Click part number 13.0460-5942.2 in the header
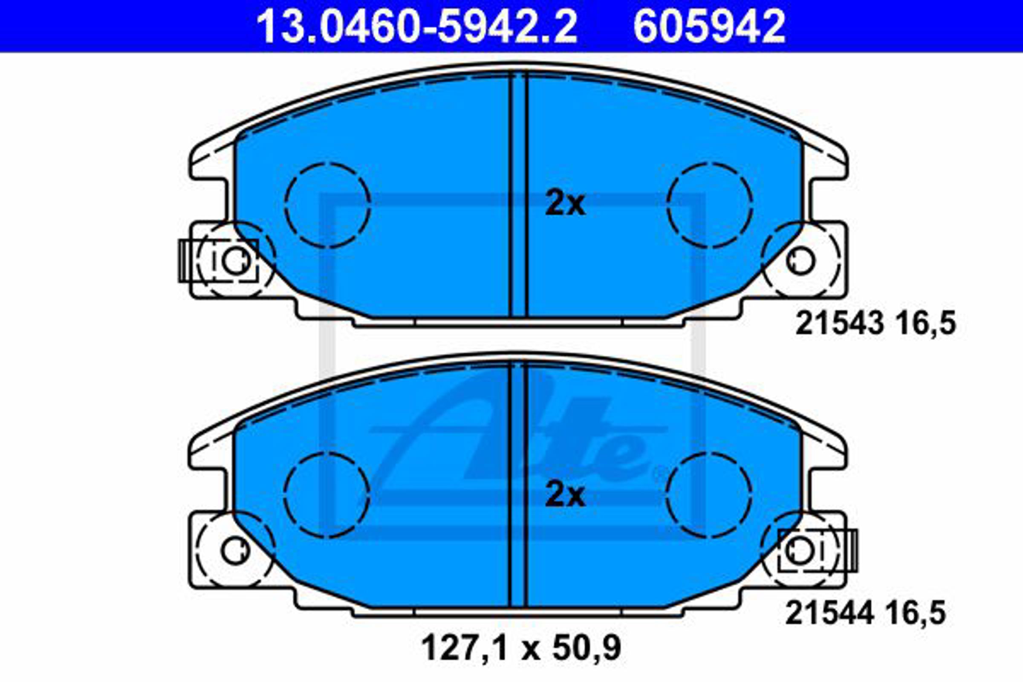click(417, 27)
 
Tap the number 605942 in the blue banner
click(709, 27)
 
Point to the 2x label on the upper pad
click(565, 203)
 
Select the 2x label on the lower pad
click(565, 495)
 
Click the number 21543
click(839, 324)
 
